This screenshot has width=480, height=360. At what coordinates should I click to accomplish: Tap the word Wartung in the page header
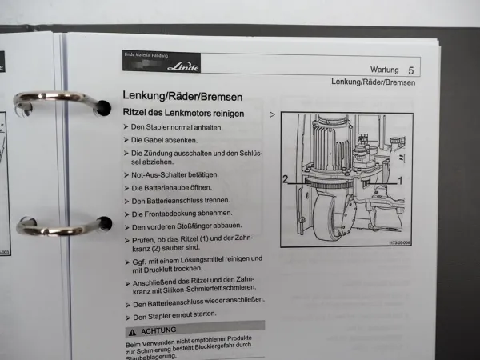click(x=387, y=70)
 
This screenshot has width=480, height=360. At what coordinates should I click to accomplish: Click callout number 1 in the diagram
click(x=400, y=181)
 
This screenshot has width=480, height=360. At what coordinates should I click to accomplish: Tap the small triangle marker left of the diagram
click(x=273, y=114)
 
